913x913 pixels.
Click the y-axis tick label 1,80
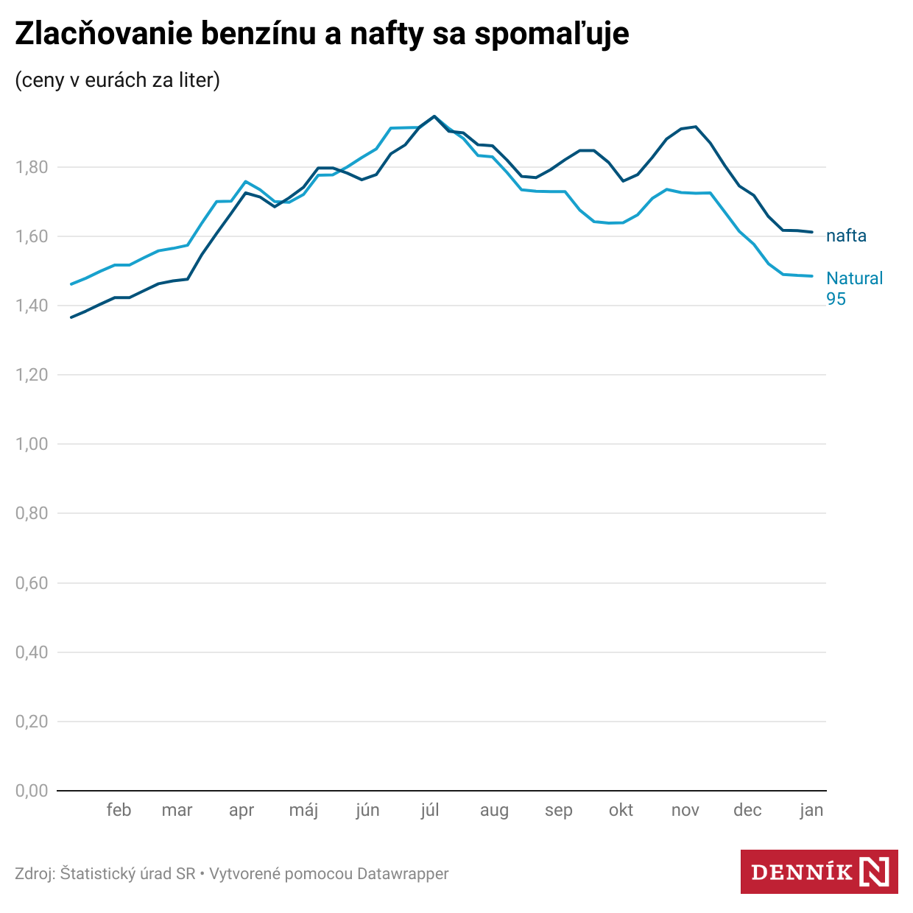tap(32, 167)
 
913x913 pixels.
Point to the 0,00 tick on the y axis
tap(32, 791)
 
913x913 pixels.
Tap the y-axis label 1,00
tap(32, 444)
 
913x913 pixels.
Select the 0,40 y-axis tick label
tap(32, 652)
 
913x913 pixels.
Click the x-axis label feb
tap(119, 810)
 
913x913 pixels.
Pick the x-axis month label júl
tap(430, 810)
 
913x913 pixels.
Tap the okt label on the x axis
tap(621, 810)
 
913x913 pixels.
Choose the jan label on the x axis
tap(811, 810)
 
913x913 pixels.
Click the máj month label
tap(303, 810)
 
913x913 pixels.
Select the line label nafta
tap(846, 236)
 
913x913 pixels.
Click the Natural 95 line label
tap(854, 288)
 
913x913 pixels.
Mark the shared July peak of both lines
tap(434, 116)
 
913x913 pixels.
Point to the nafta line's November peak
tap(695, 127)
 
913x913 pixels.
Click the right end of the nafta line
tap(812, 232)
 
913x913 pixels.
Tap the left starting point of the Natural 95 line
tap(71, 284)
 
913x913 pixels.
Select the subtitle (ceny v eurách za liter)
tap(118, 80)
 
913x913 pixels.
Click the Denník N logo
tap(819, 873)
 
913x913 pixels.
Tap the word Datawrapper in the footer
tap(403, 874)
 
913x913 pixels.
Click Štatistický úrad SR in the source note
tap(128, 874)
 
